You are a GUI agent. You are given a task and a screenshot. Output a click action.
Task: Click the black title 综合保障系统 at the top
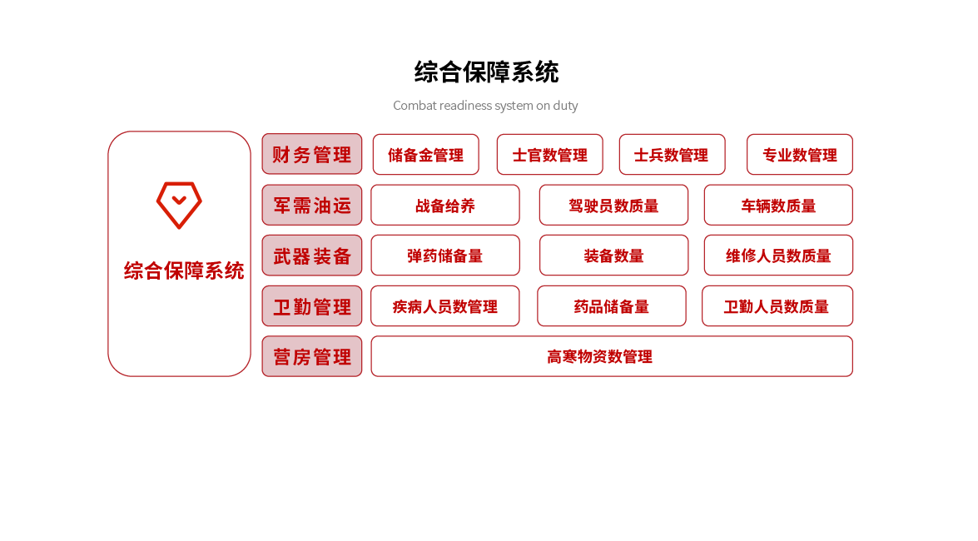coord(487,72)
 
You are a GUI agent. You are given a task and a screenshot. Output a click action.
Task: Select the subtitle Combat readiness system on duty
coord(485,106)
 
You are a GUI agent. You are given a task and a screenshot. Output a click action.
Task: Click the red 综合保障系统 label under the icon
coord(184,270)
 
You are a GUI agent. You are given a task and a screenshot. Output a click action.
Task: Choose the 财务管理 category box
coord(312,154)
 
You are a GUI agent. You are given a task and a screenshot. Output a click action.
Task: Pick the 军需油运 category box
coord(312,205)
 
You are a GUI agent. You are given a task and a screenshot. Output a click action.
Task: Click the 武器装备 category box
coord(312,256)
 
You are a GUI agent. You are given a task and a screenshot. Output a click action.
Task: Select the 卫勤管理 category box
coord(312,305)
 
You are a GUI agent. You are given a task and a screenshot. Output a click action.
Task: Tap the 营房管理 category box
coord(312,356)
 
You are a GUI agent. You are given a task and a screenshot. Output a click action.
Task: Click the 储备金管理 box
coord(426,154)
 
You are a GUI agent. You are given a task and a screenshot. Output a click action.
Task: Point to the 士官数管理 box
coord(550,154)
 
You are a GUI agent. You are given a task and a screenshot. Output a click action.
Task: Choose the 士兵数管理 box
coord(673,154)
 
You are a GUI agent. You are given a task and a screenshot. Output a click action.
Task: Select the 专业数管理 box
coord(800,154)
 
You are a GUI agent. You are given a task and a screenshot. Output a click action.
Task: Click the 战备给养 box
coord(445,205)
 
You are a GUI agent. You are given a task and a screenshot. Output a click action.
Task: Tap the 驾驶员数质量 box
coord(613,205)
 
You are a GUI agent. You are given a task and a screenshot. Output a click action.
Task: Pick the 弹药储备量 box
coord(445,256)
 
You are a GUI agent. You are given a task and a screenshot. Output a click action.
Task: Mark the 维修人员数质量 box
coord(778,256)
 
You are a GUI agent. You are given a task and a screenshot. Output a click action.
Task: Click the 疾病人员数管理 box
coord(445,305)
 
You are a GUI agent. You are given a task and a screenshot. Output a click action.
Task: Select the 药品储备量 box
coord(612,305)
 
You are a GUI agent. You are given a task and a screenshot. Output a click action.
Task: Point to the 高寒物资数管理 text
coord(599,357)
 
